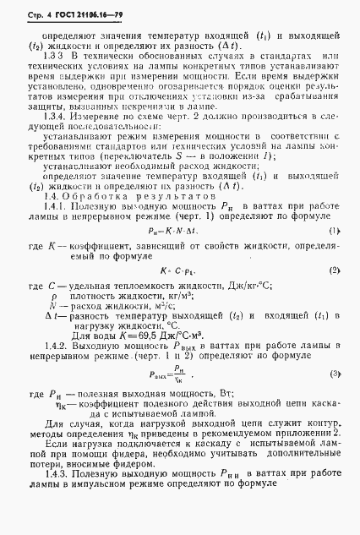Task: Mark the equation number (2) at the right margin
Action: click(334, 293)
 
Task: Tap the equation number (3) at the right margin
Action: click(334, 373)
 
